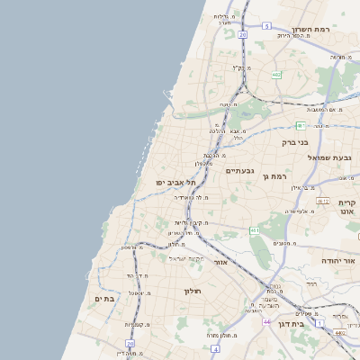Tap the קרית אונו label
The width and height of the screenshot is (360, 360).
coord(347,209)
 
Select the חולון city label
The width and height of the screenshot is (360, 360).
coord(194,291)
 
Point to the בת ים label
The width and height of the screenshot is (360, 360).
coord(103,297)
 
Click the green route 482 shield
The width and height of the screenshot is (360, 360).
coord(276,75)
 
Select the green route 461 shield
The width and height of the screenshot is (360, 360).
coord(255,230)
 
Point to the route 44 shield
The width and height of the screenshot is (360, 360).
coord(267,320)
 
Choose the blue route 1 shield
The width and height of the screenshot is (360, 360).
coord(319,322)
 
